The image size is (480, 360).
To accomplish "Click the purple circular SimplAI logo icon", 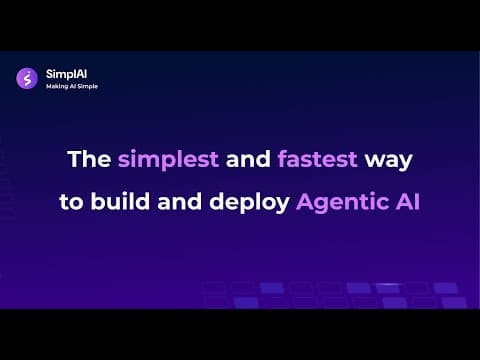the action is (x=27, y=79).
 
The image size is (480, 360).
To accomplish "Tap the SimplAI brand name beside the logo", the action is (x=66, y=74).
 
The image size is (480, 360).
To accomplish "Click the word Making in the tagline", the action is (x=57, y=86).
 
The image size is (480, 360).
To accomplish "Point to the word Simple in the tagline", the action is (x=88, y=86).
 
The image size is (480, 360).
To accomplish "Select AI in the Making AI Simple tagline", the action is (x=73, y=86).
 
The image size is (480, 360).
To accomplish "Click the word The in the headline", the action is (x=89, y=159).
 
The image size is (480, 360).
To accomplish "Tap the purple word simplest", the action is (x=168, y=160).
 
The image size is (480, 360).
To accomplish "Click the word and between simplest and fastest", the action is (x=248, y=159).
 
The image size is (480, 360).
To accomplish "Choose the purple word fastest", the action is (x=318, y=159).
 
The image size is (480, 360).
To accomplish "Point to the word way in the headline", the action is (x=389, y=162).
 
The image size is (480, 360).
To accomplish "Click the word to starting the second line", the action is (x=71, y=202).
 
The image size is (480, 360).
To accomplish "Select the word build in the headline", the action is (x=120, y=201).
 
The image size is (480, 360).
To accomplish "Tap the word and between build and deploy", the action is (x=179, y=201).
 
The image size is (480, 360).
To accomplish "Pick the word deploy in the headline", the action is (x=249, y=203).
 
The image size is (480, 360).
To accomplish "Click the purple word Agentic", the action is (x=342, y=203).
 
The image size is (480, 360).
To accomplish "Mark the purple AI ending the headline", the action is (x=408, y=201).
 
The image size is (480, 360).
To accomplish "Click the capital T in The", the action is (x=74, y=159).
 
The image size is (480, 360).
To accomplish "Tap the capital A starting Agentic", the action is (x=305, y=202).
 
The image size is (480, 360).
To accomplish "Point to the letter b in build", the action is (x=98, y=201).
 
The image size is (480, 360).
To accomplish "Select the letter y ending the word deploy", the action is (x=282, y=205).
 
